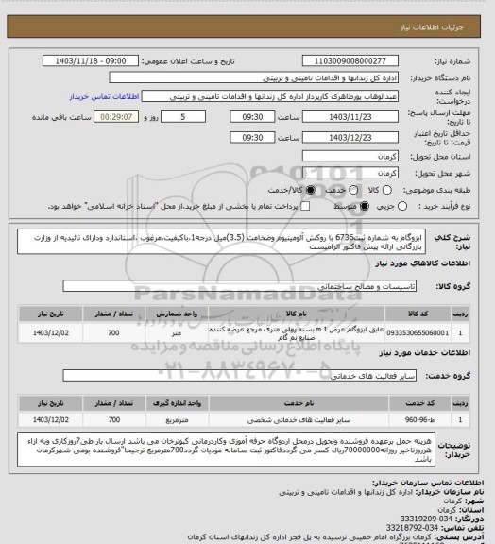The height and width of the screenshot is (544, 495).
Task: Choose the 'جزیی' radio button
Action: pos(403,205)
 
